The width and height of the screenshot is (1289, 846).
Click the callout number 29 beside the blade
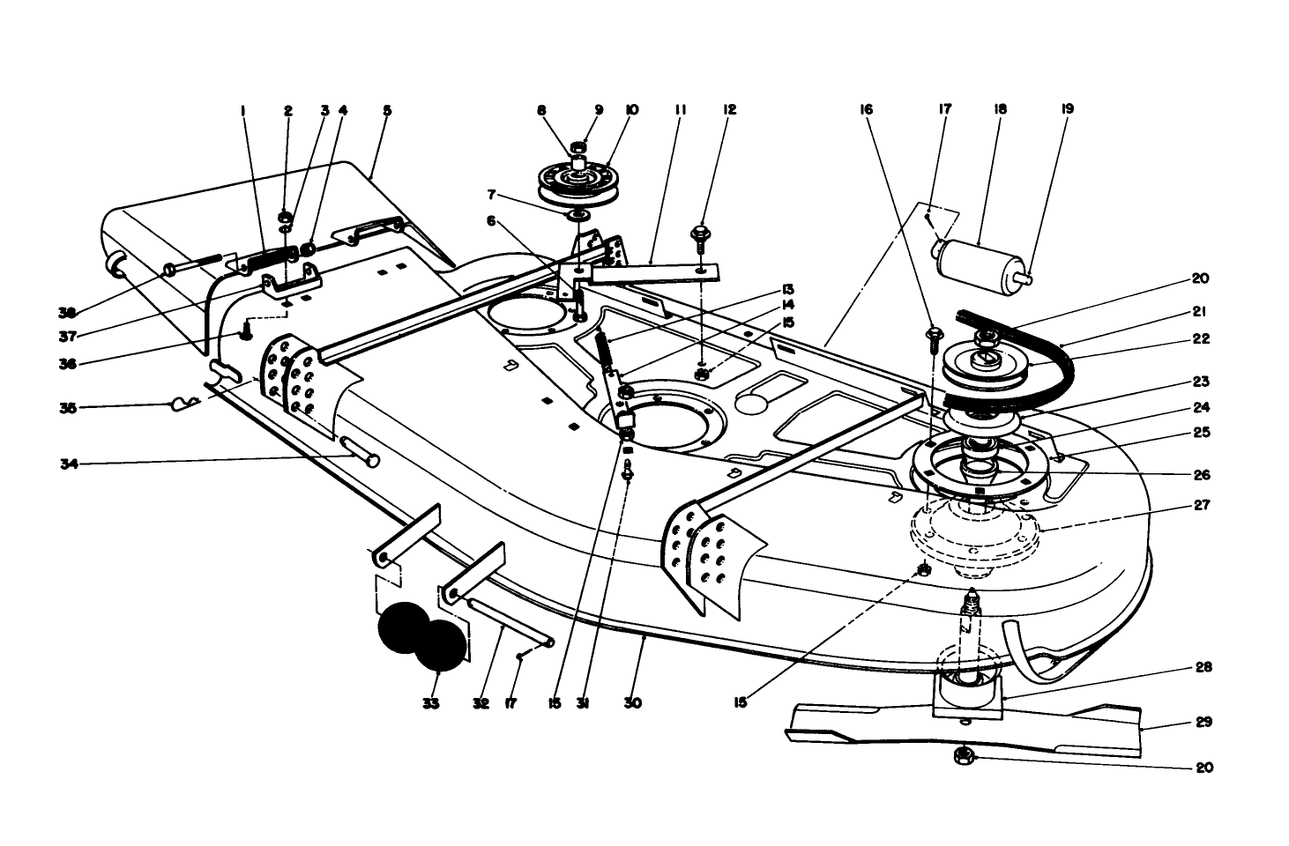pos(1203,722)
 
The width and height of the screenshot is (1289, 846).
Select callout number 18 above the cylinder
pos(1000,110)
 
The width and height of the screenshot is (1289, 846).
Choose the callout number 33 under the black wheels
pos(430,703)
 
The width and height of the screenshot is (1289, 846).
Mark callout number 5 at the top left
pos(386,110)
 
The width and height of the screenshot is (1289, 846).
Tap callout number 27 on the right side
pos(1201,506)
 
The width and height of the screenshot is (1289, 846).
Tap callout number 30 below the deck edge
pos(632,703)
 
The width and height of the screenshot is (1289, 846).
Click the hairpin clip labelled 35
pos(183,404)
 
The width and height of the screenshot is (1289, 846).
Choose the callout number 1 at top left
pos(242,110)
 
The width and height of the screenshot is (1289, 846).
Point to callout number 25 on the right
pos(1202,433)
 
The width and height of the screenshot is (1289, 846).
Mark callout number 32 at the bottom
pos(481,703)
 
